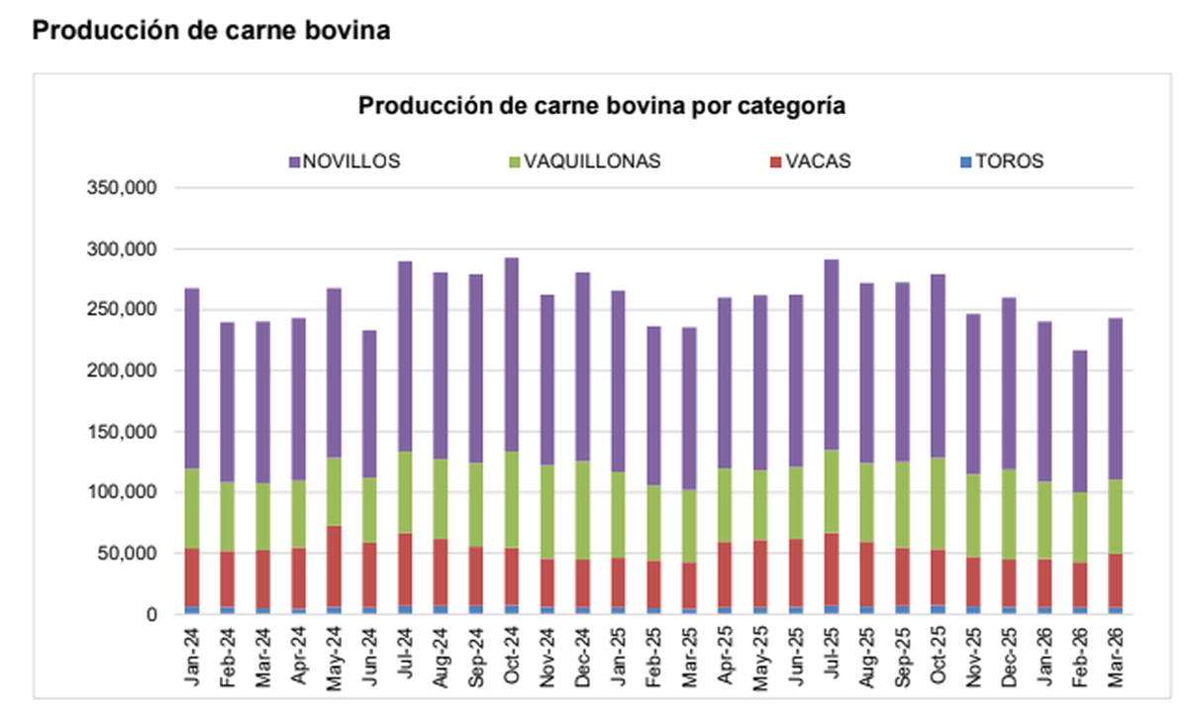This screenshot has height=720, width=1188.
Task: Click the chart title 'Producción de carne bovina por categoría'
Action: [601, 106]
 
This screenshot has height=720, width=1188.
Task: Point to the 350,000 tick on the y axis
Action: [123, 188]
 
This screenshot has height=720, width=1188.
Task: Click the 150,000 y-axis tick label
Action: [123, 432]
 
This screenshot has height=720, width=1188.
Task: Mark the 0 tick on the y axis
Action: [150, 615]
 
